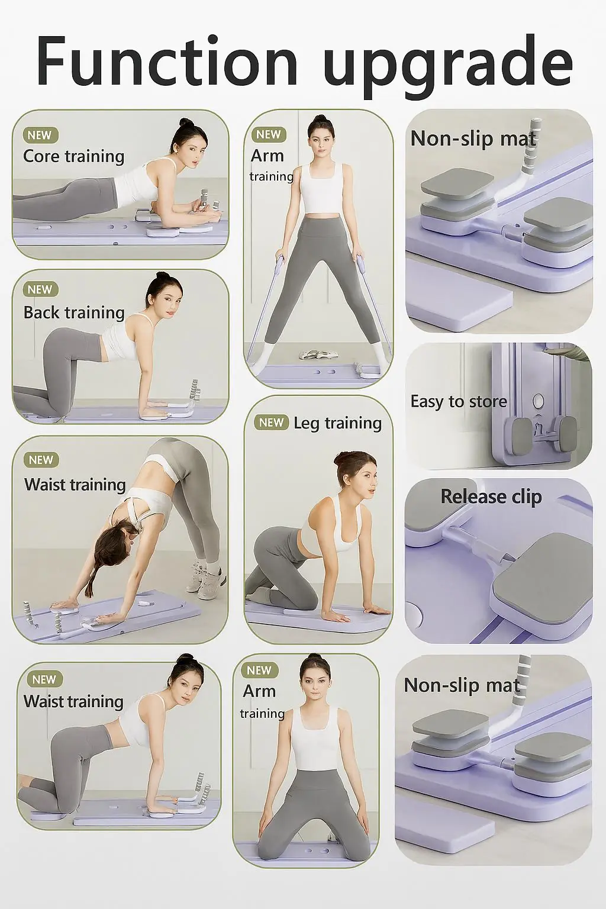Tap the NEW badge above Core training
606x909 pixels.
click(40, 135)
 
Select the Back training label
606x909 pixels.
click(74, 312)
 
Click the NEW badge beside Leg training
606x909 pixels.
click(271, 423)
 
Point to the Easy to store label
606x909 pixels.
click(459, 402)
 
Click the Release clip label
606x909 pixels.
click(491, 497)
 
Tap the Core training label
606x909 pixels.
click(74, 156)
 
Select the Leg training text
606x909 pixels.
click(338, 423)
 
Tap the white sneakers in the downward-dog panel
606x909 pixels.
click(207, 578)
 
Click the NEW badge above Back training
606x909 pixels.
click(40, 289)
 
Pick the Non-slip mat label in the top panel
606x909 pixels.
click(473, 138)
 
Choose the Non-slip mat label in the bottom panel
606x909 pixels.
click(462, 685)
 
